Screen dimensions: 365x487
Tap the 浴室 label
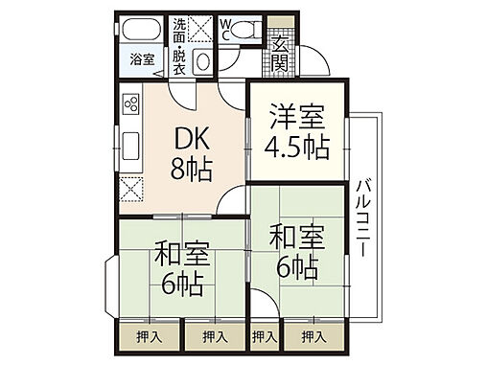(142, 59)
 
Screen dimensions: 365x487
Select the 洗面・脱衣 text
(178, 43)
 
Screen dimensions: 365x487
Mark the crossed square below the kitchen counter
(131, 189)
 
